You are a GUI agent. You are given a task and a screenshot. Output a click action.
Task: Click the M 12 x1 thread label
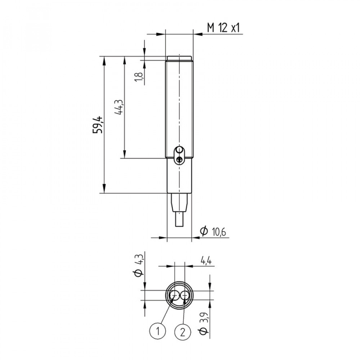point(224,28)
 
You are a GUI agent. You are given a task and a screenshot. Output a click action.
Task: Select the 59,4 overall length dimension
point(97,125)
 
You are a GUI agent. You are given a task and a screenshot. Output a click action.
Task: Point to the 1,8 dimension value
point(139,76)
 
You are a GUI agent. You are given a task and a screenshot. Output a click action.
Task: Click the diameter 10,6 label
point(213,231)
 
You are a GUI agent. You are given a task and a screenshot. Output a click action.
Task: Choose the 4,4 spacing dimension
point(206,261)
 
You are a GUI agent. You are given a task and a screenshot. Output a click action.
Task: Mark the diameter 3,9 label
point(203,324)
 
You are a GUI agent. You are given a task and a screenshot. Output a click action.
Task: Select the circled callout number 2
point(183,332)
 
